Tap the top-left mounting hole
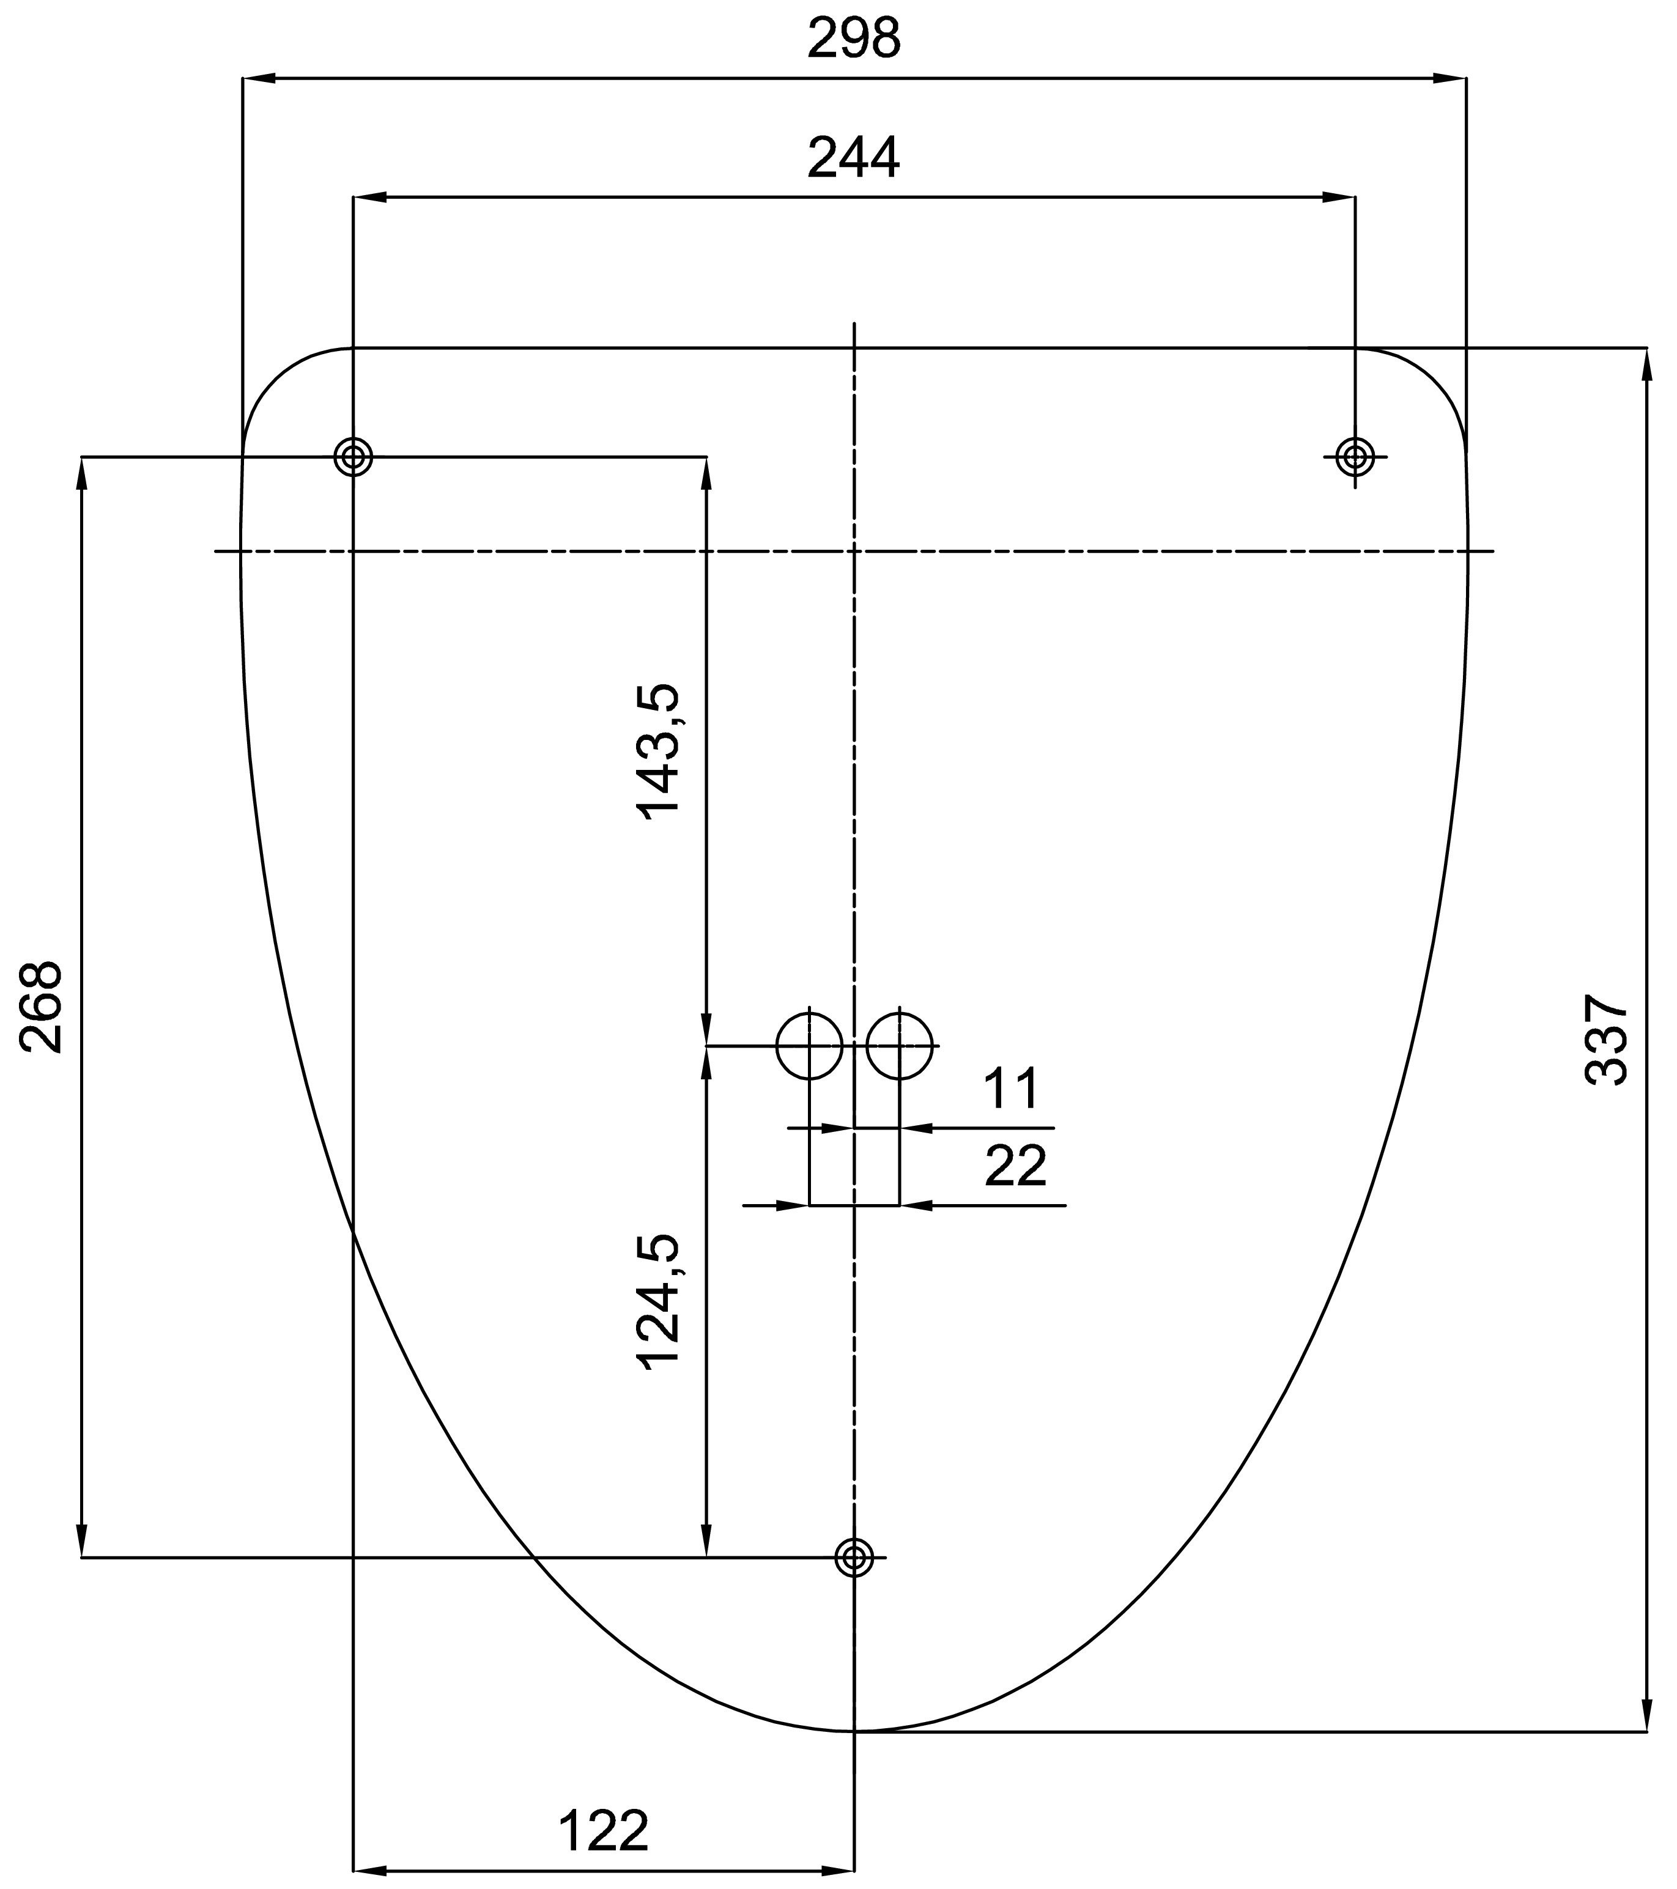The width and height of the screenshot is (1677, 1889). point(353,457)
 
